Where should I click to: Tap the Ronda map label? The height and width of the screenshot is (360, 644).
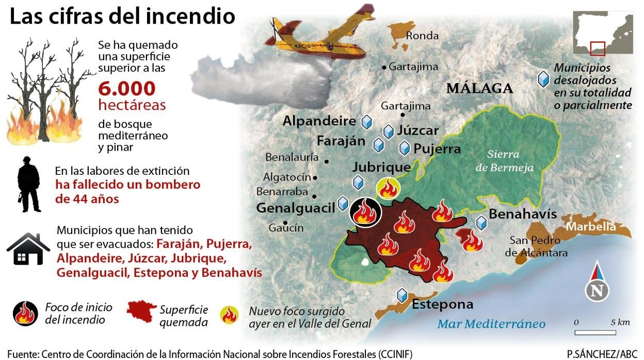[422, 36]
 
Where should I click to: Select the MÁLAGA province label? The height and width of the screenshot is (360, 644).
[479, 88]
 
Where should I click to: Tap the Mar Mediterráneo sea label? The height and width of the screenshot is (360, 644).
[491, 324]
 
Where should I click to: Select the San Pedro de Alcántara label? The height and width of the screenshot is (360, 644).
[536, 247]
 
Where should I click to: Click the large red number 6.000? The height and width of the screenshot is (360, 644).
[126, 89]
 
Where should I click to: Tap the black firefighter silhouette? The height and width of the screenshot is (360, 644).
[29, 185]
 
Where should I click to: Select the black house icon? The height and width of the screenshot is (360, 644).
[28, 250]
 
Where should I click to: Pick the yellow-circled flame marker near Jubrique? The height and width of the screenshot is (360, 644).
[388, 189]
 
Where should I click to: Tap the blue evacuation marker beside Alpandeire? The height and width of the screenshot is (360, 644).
[367, 122]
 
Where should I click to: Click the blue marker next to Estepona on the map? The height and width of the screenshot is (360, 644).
[402, 296]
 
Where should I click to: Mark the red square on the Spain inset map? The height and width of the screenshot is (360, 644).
[598, 48]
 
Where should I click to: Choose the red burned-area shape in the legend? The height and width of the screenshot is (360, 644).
[141, 311]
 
